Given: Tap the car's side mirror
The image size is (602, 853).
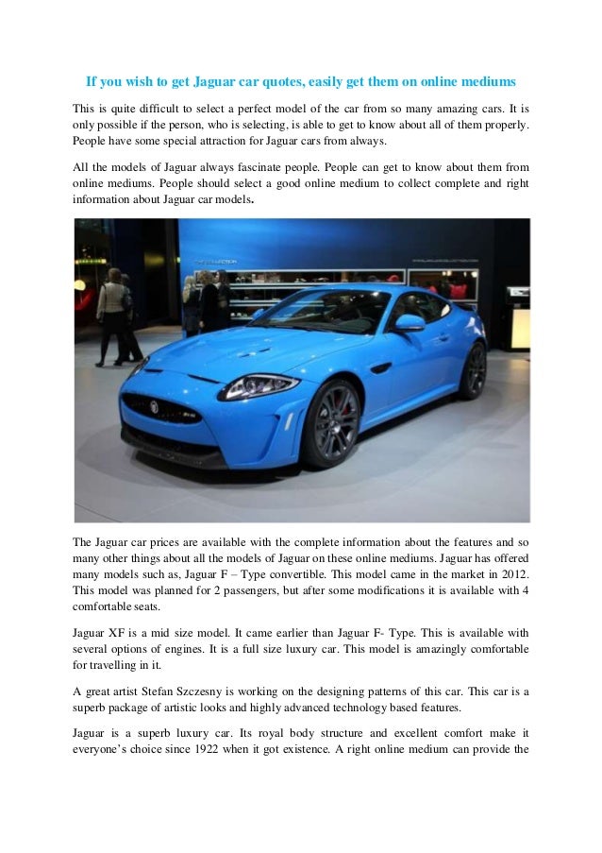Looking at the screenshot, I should (x=409, y=322).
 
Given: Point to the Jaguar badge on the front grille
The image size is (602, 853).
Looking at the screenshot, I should (x=155, y=408).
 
